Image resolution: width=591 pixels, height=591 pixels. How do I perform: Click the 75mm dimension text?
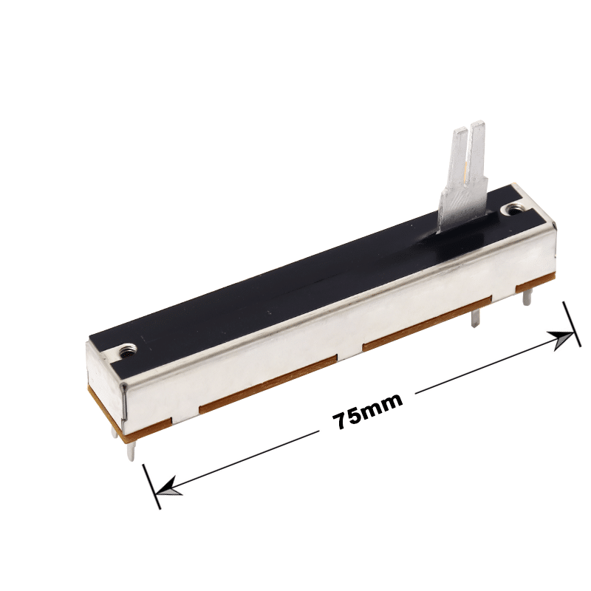367,411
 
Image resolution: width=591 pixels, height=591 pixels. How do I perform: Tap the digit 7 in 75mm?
341,420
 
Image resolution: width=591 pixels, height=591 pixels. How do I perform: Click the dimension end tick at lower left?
151,486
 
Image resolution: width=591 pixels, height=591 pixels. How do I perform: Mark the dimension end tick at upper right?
572,324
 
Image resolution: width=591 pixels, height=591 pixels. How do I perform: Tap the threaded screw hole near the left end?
127,352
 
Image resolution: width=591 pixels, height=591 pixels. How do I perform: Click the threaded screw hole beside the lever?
514,209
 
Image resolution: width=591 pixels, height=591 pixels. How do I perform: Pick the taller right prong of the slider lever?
476,154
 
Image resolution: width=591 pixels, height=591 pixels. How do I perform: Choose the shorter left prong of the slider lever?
459,158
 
